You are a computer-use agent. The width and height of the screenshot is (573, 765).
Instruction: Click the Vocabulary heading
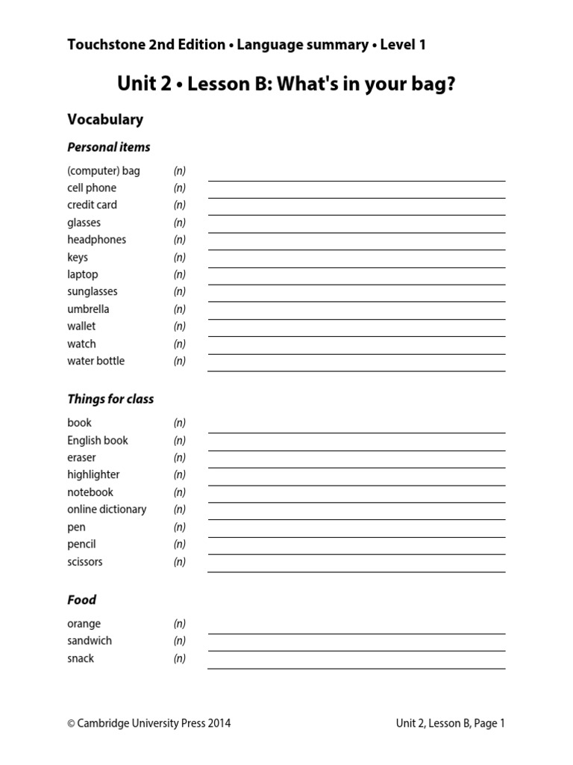click(x=105, y=120)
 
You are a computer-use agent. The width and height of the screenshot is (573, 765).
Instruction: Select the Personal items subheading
click(x=109, y=147)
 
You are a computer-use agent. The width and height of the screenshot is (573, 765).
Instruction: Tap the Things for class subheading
click(x=110, y=399)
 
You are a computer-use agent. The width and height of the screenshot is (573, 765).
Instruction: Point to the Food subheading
click(x=81, y=600)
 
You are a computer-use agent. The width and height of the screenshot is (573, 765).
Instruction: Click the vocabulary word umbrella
click(x=88, y=309)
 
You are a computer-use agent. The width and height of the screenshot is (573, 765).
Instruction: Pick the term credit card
click(x=92, y=205)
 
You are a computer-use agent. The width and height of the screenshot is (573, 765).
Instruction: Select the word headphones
click(x=96, y=240)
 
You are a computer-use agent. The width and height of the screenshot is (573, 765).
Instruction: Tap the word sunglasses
click(x=92, y=291)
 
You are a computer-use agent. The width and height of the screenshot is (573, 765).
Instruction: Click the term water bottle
click(x=95, y=361)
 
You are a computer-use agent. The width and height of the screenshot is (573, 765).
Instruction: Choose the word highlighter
click(x=93, y=474)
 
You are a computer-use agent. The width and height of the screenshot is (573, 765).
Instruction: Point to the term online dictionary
click(x=107, y=510)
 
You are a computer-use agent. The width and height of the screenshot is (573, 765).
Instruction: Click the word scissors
click(x=85, y=562)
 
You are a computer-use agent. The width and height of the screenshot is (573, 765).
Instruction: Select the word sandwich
click(x=90, y=641)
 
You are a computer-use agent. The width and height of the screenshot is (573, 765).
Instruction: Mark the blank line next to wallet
click(x=356, y=335)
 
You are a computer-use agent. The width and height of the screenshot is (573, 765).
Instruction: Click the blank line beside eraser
click(x=356, y=467)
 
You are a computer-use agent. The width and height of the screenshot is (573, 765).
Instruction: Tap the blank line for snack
click(x=356, y=667)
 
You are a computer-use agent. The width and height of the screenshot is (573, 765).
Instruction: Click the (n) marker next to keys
click(x=180, y=258)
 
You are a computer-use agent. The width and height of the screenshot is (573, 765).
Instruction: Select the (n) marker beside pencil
click(x=180, y=545)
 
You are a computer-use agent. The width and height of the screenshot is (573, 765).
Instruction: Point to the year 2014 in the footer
click(x=219, y=723)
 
